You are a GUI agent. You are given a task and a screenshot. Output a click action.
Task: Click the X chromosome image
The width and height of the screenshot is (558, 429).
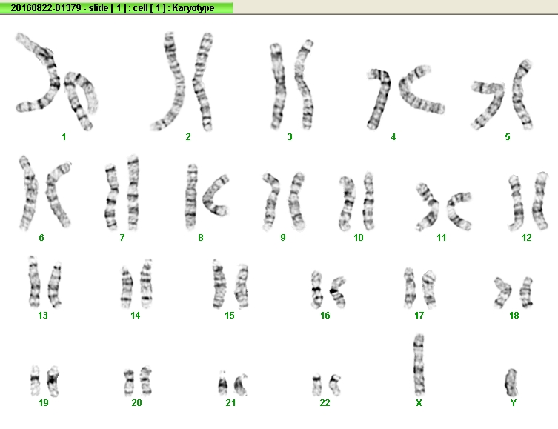click(419, 365)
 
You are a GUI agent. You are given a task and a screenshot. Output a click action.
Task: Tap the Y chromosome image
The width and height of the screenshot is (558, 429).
click(511, 383)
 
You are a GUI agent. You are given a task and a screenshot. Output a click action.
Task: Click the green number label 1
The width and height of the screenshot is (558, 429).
click(64, 137)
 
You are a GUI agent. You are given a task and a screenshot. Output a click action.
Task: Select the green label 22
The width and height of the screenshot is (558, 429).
click(325, 402)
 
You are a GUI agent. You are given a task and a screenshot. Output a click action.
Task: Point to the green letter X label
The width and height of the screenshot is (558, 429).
click(419, 402)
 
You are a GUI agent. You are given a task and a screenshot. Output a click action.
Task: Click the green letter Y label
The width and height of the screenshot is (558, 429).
click(513, 402)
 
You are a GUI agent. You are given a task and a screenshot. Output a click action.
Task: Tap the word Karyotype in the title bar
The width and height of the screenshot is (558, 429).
click(193, 8)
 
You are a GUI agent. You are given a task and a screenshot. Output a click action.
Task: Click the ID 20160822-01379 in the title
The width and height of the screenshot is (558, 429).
click(45, 8)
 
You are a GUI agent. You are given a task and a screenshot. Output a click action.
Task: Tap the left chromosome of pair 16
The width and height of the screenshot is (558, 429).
click(316, 290)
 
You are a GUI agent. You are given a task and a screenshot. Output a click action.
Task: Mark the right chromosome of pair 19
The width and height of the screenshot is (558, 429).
click(53, 381)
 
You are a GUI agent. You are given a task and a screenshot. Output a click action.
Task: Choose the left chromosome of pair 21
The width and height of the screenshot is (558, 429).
click(222, 383)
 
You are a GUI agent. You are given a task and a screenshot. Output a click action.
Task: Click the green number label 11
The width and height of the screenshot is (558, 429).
click(441, 238)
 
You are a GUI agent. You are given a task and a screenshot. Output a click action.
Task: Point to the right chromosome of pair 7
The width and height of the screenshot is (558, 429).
click(133, 193)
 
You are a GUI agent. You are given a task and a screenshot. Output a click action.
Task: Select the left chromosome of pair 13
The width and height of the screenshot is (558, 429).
click(34, 282)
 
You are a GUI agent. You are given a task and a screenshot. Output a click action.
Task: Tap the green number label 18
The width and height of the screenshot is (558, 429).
click(514, 315)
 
